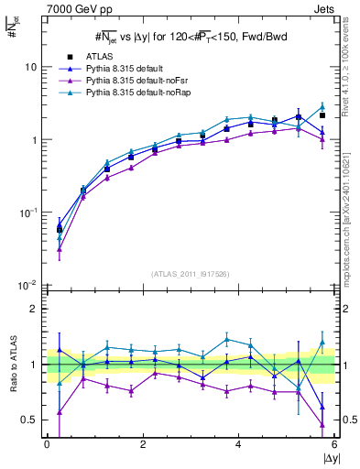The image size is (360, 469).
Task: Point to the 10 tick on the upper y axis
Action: click(33, 68)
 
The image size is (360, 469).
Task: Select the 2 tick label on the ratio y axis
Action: click(36, 309)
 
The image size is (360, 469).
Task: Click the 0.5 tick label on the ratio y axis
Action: click(32, 420)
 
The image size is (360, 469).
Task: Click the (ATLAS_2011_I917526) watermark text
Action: click(191, 275)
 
